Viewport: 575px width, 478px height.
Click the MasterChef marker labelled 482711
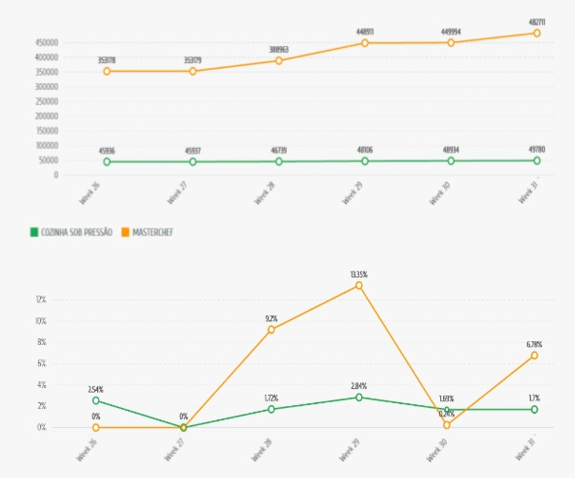(536, 34)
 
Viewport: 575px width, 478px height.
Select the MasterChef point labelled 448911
(365, 43)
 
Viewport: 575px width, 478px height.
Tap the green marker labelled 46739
(279, 161)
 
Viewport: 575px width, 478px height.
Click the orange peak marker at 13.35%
(359, 286)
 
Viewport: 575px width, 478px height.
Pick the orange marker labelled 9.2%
(271, 329)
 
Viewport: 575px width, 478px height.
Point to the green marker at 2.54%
(96, 401)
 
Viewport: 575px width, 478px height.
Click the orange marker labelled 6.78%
(534, 355)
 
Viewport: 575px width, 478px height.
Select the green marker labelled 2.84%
(359, 397)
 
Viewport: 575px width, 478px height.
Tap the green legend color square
(34, 232)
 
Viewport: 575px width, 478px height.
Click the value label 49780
(537, 149)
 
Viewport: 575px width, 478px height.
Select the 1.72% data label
(271, 398)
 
